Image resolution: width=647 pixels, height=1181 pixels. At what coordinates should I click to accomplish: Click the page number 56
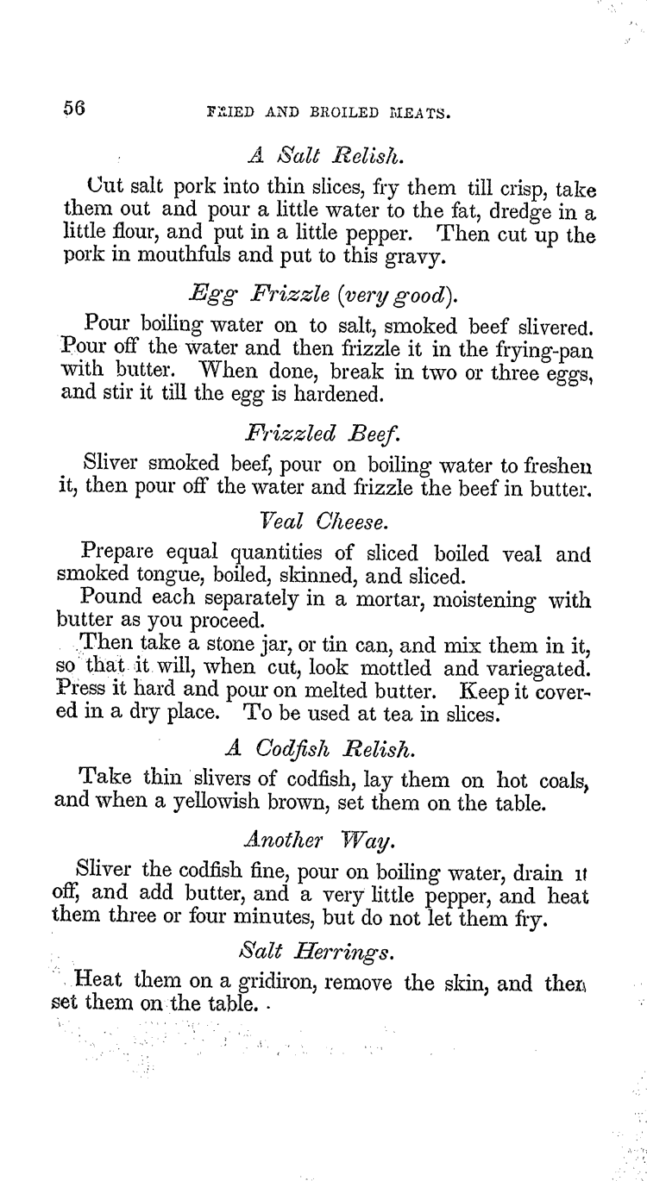point(73,109)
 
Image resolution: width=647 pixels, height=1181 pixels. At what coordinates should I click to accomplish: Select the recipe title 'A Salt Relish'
point(323,157)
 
